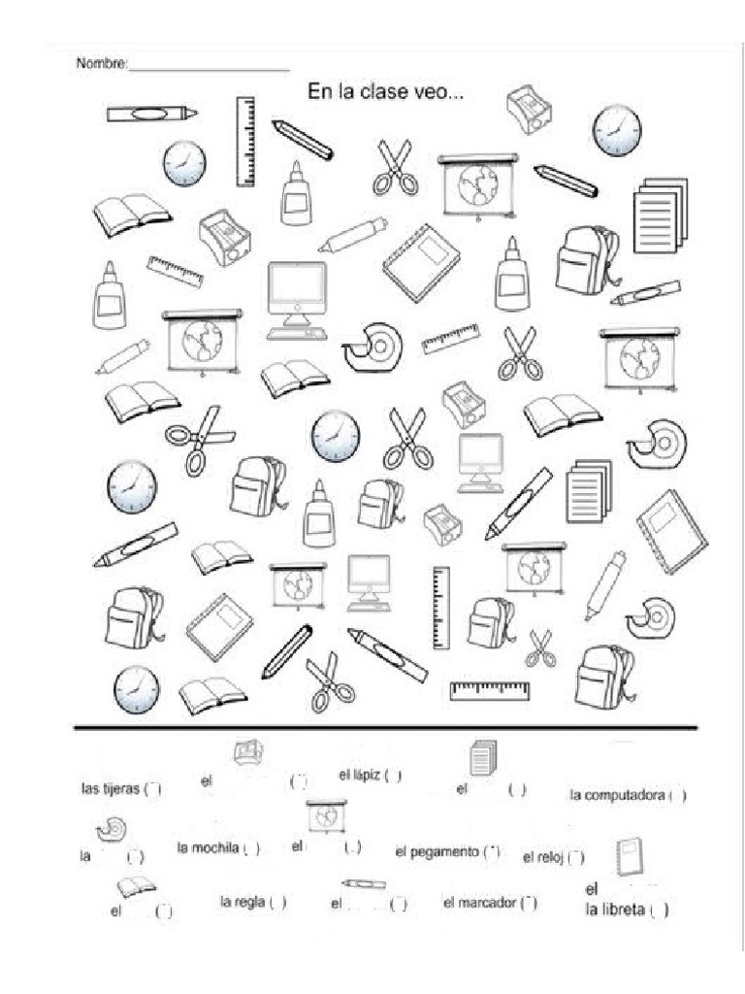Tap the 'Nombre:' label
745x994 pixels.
pos(102,64)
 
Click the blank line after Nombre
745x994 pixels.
pos(209,69)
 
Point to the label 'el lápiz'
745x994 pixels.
pos(359,775)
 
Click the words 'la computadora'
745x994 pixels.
pos(617,796)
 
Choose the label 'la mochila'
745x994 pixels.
pos(208,847)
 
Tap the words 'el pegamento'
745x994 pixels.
pos(437,851)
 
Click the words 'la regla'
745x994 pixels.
pos(242,902)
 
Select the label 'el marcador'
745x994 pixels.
pos(478,903)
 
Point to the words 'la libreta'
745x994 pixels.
pos(615,911)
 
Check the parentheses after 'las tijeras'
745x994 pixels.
pos(153,789)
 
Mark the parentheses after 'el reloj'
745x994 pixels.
pos(575,857)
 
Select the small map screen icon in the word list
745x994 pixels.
pos(325,816)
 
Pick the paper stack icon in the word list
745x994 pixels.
pos(482,757)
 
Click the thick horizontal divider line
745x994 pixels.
pos(385,727)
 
